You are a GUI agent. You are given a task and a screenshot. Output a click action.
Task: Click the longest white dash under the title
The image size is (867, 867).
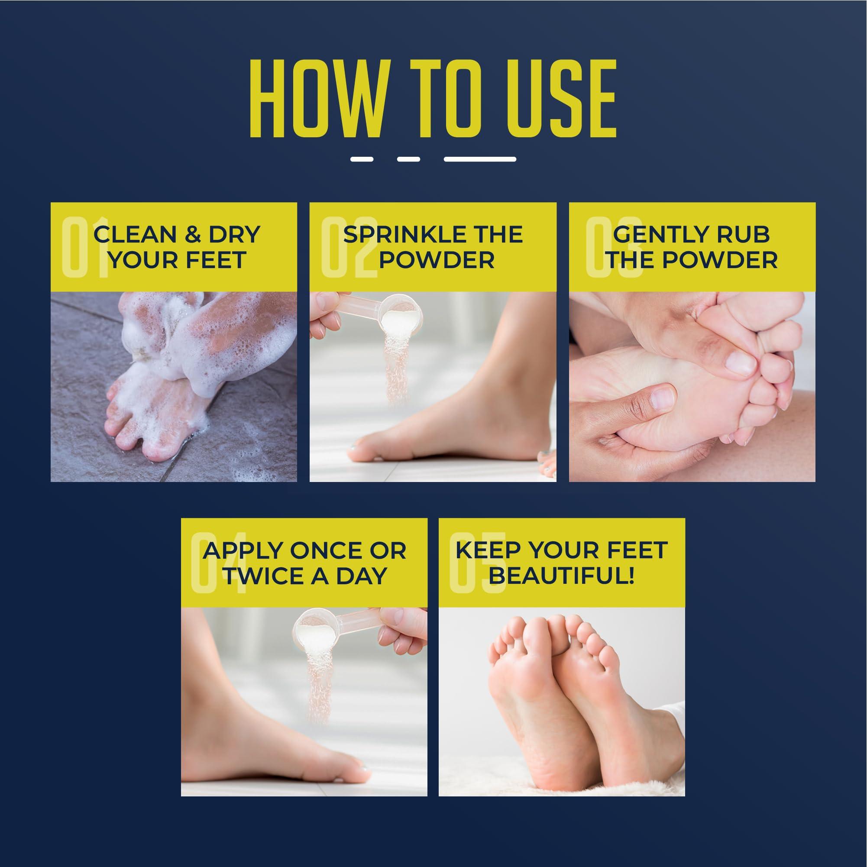coord(480,159)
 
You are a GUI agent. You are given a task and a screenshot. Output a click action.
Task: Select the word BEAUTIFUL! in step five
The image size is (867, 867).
coord(561,576)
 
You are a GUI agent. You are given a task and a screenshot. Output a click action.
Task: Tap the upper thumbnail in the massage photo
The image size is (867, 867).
coord(736,362)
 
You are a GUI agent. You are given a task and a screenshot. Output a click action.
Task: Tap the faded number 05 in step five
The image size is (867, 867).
coord(478,563)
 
